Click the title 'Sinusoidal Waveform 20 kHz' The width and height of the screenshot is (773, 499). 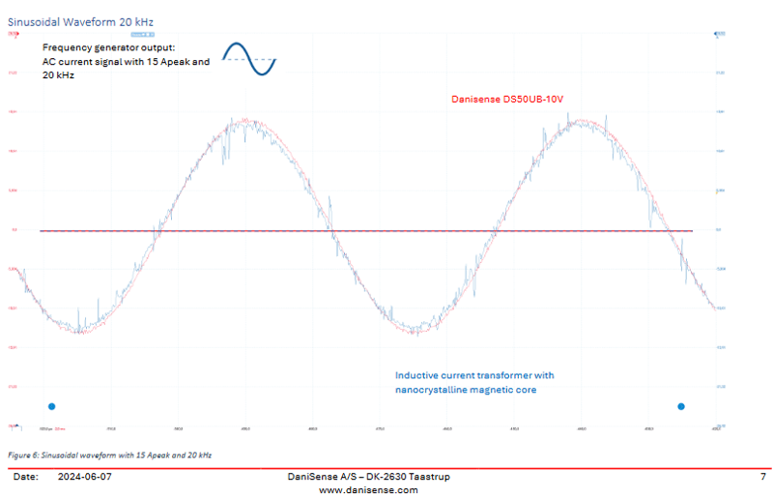point(80,20)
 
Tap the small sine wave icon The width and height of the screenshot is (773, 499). point(250,58)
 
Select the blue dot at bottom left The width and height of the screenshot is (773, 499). point(52,406)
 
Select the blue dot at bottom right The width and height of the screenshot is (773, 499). point(681,406)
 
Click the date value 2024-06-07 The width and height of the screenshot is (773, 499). point(85,477)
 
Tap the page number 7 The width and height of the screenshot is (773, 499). point(762,477)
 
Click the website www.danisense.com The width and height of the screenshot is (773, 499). point(368,489)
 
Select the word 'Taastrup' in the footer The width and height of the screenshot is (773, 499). point(426,477)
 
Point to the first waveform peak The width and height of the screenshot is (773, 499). point(244,122)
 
